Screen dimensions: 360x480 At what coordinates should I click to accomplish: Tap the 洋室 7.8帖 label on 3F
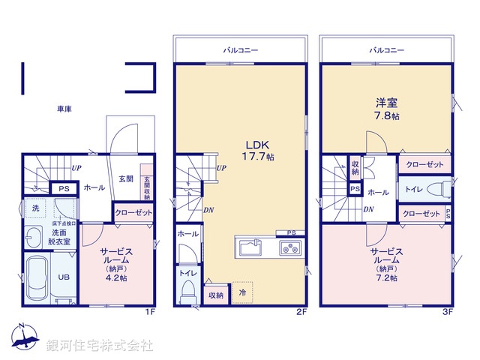click(387, 109)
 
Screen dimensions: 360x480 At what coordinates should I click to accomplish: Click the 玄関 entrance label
click(125, 178)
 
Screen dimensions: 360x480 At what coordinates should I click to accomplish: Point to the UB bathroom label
click(64, 276)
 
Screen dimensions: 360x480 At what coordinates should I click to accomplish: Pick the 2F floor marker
click(301, 310)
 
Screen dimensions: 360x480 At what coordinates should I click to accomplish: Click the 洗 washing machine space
click(34, 207)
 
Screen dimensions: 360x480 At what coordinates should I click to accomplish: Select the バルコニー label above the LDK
click(241, 50)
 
